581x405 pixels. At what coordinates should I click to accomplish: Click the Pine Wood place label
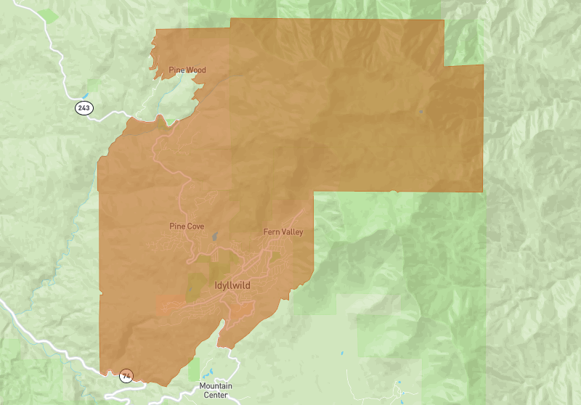point(187,70)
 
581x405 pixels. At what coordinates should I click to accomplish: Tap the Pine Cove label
point(187,226)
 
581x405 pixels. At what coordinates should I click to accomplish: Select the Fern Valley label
point(283,232)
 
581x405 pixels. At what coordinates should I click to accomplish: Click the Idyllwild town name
point(232,286)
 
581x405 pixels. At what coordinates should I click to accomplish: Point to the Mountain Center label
point(216,390)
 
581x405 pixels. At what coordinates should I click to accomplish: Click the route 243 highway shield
point(84,108)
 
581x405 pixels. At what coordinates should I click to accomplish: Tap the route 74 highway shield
point(127,376)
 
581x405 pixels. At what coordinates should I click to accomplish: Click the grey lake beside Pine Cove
point(215,236)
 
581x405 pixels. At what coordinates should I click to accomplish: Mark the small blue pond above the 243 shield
point(86,95)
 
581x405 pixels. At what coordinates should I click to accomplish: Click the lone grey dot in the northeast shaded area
point(420,112)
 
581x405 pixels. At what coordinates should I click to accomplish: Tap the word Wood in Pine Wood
point(196,70)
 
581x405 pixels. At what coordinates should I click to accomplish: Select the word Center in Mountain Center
point(216,395)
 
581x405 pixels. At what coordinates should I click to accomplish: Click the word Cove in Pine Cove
point(195,226)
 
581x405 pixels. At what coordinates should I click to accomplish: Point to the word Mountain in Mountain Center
point(216,385)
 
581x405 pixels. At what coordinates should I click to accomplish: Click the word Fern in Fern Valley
point(270,232)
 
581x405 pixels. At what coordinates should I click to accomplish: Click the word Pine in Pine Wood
point(176,70)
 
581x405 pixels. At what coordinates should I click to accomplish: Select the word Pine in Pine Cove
point(177,226)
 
